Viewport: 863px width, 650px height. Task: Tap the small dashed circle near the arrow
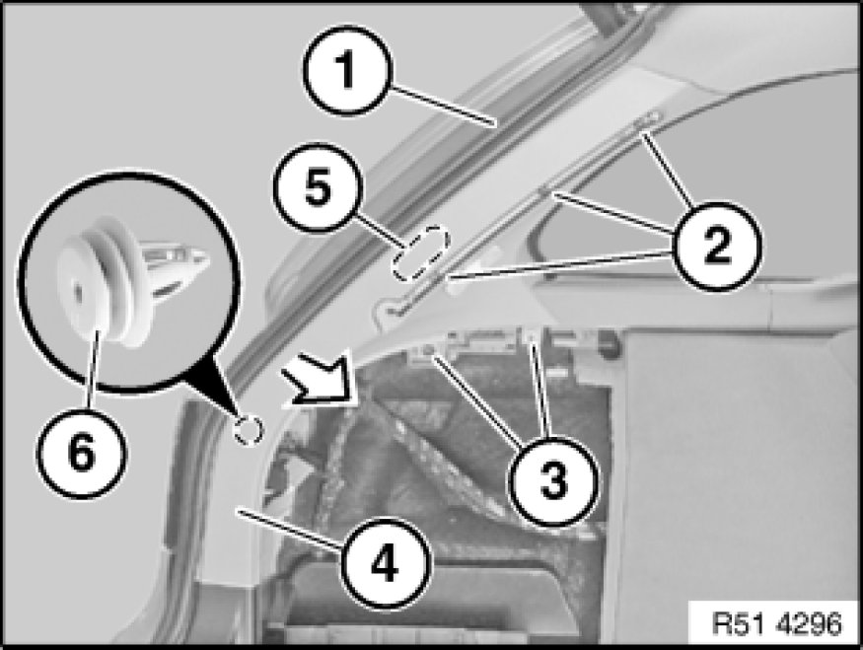coord(249,428)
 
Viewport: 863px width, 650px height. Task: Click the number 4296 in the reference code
coord(808,625)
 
